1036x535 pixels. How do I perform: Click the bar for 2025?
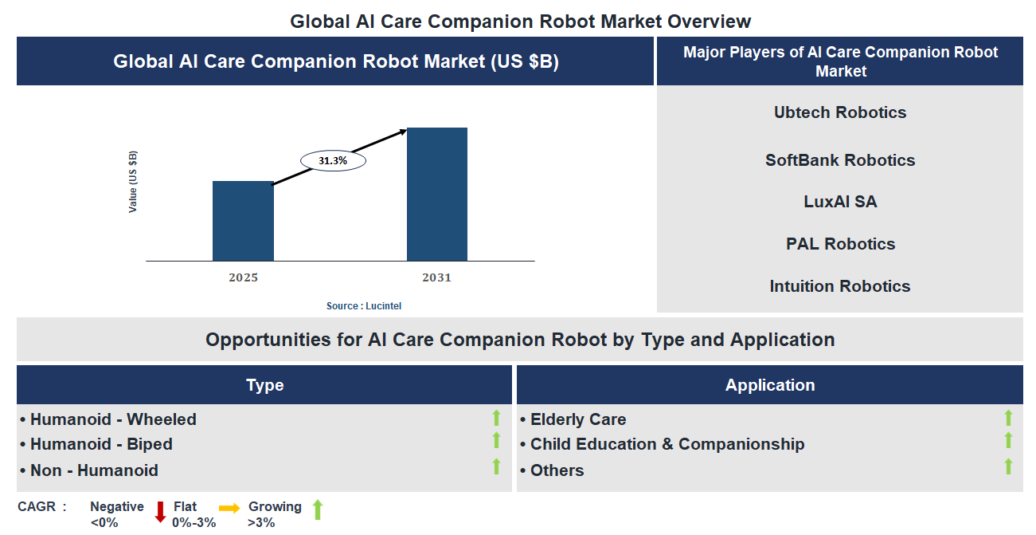tap(243, 221)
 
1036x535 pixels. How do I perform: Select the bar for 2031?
tap(437, 194)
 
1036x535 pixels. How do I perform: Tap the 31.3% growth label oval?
tap(333, 160)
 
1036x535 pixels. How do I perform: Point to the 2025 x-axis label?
tap(243, 278)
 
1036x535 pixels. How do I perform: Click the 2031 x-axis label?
tap(436, 278)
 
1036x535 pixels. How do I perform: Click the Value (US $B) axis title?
tap(134, 181)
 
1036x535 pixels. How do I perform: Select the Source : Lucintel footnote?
tap(369, 306)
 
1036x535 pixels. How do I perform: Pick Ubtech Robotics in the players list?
tap(840, 112)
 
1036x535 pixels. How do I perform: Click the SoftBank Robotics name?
tap(840, 160)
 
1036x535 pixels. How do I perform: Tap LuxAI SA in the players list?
tap(840, 202)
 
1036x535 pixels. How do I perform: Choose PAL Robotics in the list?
tap(840, 244)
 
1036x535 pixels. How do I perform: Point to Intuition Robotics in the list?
tap(840, 286)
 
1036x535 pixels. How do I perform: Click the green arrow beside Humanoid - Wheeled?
tap(496, 417)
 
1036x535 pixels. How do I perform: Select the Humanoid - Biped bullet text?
tap(101, 444)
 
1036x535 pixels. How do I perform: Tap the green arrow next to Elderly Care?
tap(1008, 417)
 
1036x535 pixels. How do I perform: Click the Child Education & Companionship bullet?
tap(667, 444)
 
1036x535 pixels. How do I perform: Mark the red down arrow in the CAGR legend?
tap(160, 511)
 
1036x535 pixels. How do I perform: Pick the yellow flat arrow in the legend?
tap(229, 508)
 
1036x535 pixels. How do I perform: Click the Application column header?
tap(770, 385)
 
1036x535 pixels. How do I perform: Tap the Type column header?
tap(265, 385)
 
